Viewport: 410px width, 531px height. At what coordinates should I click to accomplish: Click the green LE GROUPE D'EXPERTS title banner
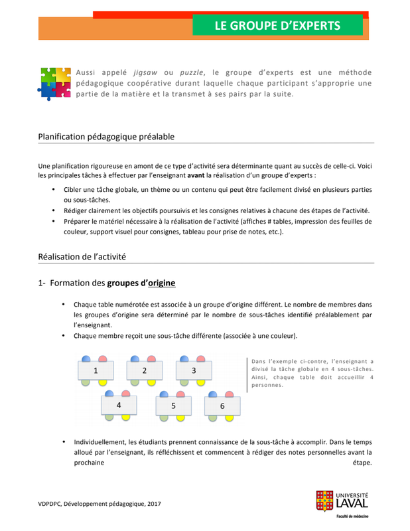tap(277, 25)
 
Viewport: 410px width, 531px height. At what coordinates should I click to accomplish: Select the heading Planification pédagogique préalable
tap(106, 136)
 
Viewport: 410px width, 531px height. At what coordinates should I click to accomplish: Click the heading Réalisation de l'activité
tap(82, 256)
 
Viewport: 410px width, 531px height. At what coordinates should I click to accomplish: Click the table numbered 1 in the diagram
tap(96, 370)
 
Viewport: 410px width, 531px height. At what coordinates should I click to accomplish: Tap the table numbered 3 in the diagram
tap(193, 370)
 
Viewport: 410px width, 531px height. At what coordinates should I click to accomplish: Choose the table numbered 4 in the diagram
tap(119, 404)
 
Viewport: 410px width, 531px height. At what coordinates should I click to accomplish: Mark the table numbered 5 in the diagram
tap(173, 406)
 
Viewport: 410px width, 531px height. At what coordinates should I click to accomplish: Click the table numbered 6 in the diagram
tap(222, 406)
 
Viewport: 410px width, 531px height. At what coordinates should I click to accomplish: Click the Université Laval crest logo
tap(324, 501)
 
